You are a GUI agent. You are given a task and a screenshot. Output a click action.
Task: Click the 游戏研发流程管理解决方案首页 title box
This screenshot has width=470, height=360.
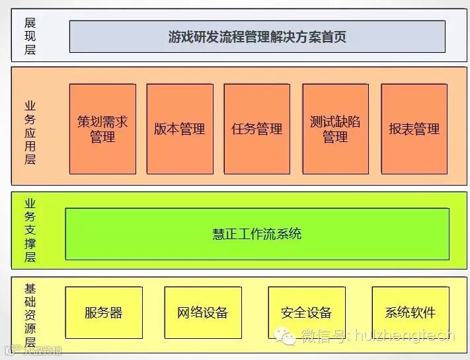257,36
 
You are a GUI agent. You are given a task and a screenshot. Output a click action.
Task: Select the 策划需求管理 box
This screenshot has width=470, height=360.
102,129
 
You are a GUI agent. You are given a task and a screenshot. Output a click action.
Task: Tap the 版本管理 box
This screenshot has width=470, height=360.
179,129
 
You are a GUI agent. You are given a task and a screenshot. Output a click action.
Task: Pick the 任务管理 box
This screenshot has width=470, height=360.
257,129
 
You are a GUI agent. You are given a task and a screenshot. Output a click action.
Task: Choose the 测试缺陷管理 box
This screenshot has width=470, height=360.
335,129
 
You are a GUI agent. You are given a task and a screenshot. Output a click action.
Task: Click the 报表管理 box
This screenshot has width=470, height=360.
414,129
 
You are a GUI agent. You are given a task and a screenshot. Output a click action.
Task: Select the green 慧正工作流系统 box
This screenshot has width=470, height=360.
257,234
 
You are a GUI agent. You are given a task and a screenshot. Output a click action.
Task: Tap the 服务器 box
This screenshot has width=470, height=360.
104,312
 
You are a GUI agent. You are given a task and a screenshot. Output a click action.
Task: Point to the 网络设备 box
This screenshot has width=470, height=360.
202,312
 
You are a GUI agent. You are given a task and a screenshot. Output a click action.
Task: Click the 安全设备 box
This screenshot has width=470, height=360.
306,312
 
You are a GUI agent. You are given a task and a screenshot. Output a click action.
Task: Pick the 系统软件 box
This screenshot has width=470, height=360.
410,312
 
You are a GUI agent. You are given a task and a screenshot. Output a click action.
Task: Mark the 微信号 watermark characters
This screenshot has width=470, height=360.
324,336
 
